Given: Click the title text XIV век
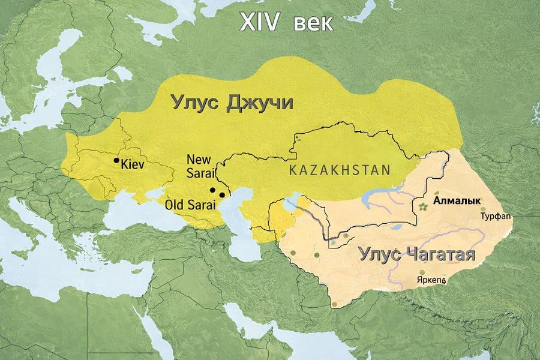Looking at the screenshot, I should point(286,22).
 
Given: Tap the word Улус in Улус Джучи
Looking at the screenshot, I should point(196,102).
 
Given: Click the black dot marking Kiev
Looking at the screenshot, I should point(116,161).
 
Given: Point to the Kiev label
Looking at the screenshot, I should point(133,163).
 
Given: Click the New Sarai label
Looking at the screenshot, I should point(199,166).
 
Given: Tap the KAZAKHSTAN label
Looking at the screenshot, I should point(339,169).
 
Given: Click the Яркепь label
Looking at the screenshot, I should point(430,280).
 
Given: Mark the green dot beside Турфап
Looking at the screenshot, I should point(484,209).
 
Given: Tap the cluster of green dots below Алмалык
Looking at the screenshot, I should point(425,207).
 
